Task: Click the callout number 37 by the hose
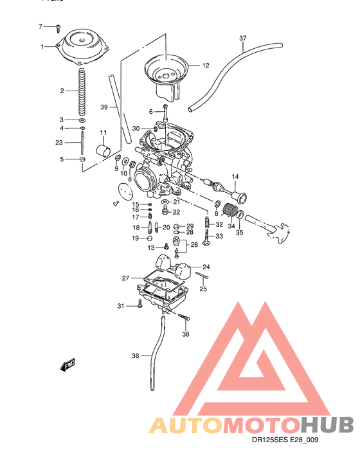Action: (242, 38)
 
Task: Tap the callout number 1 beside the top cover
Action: (42, 46)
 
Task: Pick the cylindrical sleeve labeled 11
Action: (101, 151)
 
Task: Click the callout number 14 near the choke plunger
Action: (235, 176)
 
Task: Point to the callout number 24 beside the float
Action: (206, 267)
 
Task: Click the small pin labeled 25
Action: (203, 276)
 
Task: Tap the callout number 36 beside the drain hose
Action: (135, 355)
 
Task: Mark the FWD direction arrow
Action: (67, 366)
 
